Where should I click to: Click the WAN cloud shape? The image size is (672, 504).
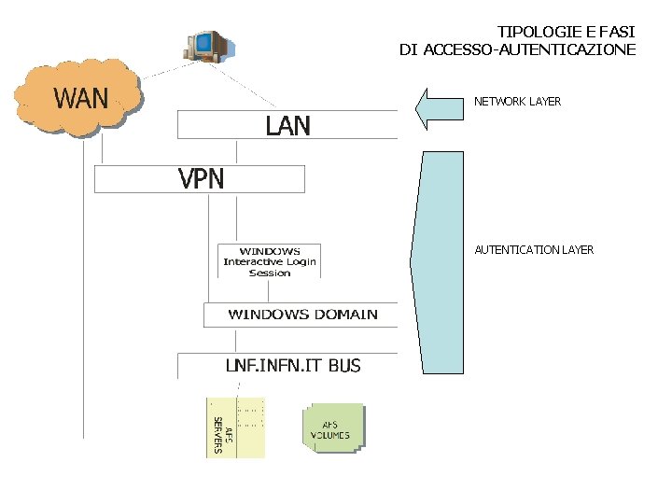tap(80, 98)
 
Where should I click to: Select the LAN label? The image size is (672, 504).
tap(287, 126)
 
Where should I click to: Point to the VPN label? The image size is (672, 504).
tap(202, 178)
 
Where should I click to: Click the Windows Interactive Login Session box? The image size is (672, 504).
tap(270, 262)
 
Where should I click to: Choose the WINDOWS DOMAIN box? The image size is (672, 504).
tap(302, 315)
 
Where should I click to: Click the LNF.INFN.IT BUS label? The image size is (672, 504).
tap(292, 365)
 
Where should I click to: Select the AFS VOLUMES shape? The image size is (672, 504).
tap(331, 429)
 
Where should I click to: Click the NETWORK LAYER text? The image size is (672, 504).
tap(517, 101)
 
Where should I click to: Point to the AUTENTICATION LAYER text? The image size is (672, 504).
tap(534, 249)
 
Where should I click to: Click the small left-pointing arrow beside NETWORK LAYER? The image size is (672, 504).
tap(438, 108)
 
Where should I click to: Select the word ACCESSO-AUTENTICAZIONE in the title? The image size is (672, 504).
tap(529, 49)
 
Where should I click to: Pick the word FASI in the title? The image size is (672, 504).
tap(616, 32)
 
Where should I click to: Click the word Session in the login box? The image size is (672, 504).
tap(270, 273)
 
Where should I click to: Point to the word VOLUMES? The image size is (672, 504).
tap(330, 435)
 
